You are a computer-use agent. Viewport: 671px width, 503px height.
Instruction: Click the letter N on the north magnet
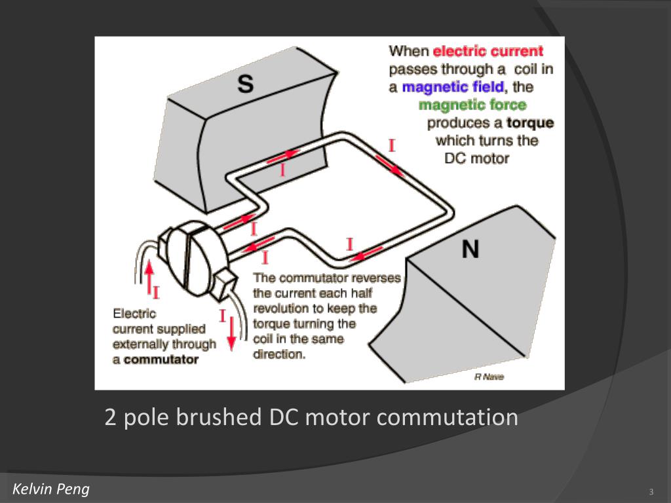pyautogui.click(x=470, y=249)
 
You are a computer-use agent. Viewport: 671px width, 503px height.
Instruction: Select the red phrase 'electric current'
pyautogui.click(x=488, y=51)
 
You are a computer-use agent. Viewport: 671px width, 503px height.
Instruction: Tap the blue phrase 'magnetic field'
pyautogui.click(x=453, y=86)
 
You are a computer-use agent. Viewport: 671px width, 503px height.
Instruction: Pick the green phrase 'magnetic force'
pyautogui.click(x=472, y=105)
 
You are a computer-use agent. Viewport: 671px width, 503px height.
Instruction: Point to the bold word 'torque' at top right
pyautogui.click(x=530, y=122)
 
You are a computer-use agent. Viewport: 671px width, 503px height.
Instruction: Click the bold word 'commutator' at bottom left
pyautogui.click(x=161, y=359)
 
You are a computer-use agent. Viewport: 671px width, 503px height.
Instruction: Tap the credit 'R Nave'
pyautogui.click(x=489, y=377)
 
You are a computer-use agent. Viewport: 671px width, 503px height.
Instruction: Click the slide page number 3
pyautogui.click(x=651, y=492)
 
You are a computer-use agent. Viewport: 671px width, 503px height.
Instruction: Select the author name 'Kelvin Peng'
pyautogui.click(x=51, y=489)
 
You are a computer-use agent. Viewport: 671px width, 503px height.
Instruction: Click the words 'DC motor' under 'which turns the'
pyautogui.click(x=476, y=158)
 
